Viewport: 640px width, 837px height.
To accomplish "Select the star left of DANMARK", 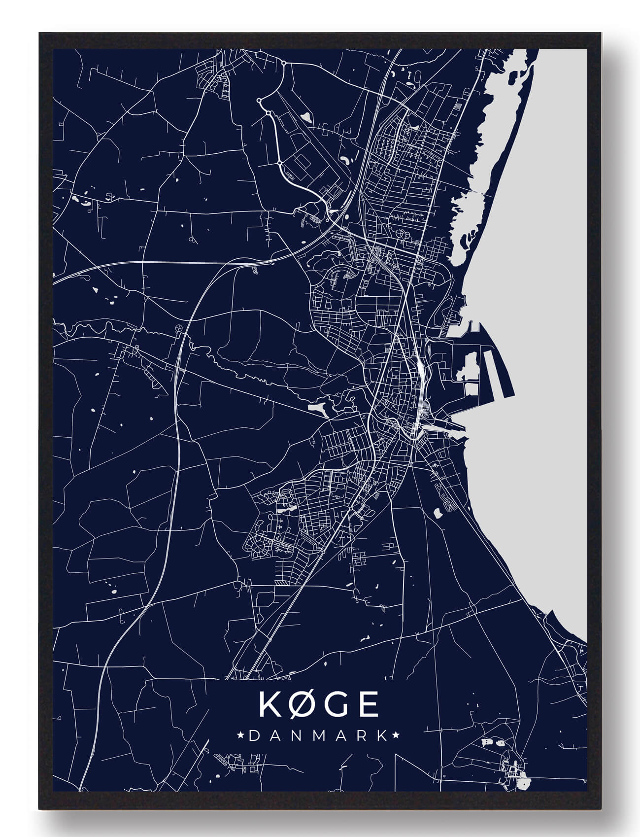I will tap(241, 735).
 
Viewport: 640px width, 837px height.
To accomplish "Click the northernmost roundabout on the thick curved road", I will tap(284, 63).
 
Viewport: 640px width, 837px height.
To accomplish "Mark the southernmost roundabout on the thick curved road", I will tap(279, 162).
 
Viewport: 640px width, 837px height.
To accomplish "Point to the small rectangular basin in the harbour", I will tap(471, 389).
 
